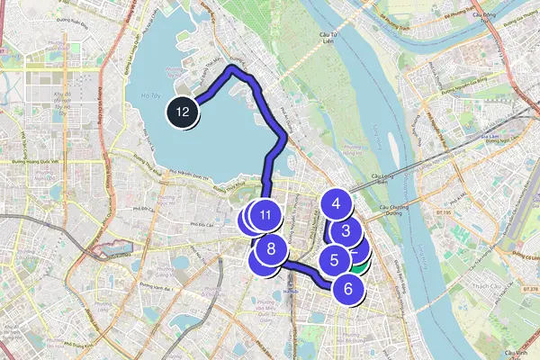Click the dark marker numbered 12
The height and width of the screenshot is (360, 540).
point(183,112)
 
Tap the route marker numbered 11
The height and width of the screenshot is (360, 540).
point(265,215)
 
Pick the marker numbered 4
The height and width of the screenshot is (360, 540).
point(337,203)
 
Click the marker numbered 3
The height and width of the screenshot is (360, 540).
point(346,230)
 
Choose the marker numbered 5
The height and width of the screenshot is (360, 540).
point(334,261)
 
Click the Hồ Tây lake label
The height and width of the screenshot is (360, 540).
point(150,92)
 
